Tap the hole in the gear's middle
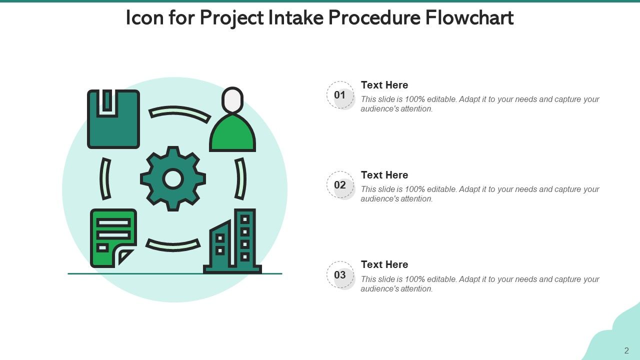point(173,179)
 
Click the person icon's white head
point(232,100)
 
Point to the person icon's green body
point(232,135)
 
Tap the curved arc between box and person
point(179,113)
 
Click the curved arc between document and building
point(173,245)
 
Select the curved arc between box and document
point(105,179)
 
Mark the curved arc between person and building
point(240,179)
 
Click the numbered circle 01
point(340,95)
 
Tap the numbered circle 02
point(340,185)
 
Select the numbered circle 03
point(340,275)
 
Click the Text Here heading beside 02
point(384,175)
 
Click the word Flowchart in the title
point(469,18)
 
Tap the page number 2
point(626,350)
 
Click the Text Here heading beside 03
point(384,264)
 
